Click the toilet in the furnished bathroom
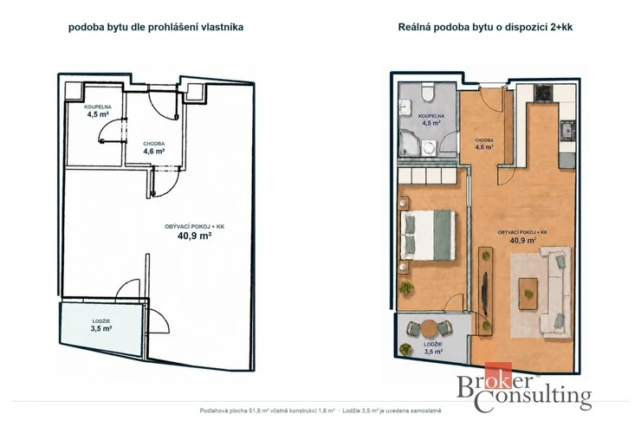point(428,93)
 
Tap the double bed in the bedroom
point(428,236)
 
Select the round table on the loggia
point(430,328)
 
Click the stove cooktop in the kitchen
point(544,94)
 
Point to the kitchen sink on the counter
point(567,131)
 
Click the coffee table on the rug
point(528,294)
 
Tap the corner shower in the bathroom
point(411,143)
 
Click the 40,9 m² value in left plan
point(194,236)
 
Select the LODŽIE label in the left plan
point(101,321)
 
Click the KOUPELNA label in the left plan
point(98,107)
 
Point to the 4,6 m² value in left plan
point(153,152)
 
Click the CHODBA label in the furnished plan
point(484,140)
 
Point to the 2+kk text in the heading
point(561,28)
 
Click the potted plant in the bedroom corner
point(406,288)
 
